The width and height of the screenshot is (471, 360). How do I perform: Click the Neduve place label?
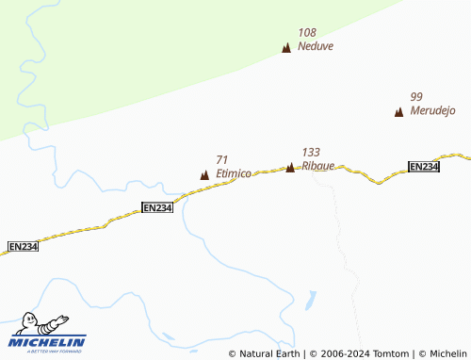coord(316,45)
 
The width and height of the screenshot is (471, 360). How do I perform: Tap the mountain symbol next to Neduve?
coord(286,47)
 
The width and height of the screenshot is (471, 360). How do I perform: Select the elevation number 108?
coord(307,32)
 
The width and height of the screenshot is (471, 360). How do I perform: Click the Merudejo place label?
coord(433,110)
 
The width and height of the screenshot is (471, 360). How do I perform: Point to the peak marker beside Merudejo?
coord(398,112)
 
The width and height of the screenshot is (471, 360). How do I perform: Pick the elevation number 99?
coord(416,96)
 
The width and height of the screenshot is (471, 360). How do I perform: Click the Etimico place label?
coord(233,173)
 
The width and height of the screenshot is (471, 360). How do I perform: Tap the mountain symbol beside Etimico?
coord(204,174)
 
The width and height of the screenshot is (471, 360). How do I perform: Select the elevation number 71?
coord(221,160)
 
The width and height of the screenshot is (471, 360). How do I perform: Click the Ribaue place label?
coord(318,166)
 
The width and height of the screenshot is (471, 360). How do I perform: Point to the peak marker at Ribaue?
coord(290,167)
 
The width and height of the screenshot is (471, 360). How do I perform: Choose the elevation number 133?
coord(311,152)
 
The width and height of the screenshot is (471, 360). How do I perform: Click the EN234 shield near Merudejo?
coord(424,167)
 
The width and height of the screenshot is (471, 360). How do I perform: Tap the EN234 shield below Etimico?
coord(157,207)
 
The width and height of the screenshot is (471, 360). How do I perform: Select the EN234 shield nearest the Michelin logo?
coord(23,246)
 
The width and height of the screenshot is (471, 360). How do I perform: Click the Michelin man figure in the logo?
coord(40,322)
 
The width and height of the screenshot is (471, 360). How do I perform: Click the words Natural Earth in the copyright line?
coord(269,353)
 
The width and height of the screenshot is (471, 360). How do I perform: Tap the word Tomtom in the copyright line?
coord(390,353)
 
